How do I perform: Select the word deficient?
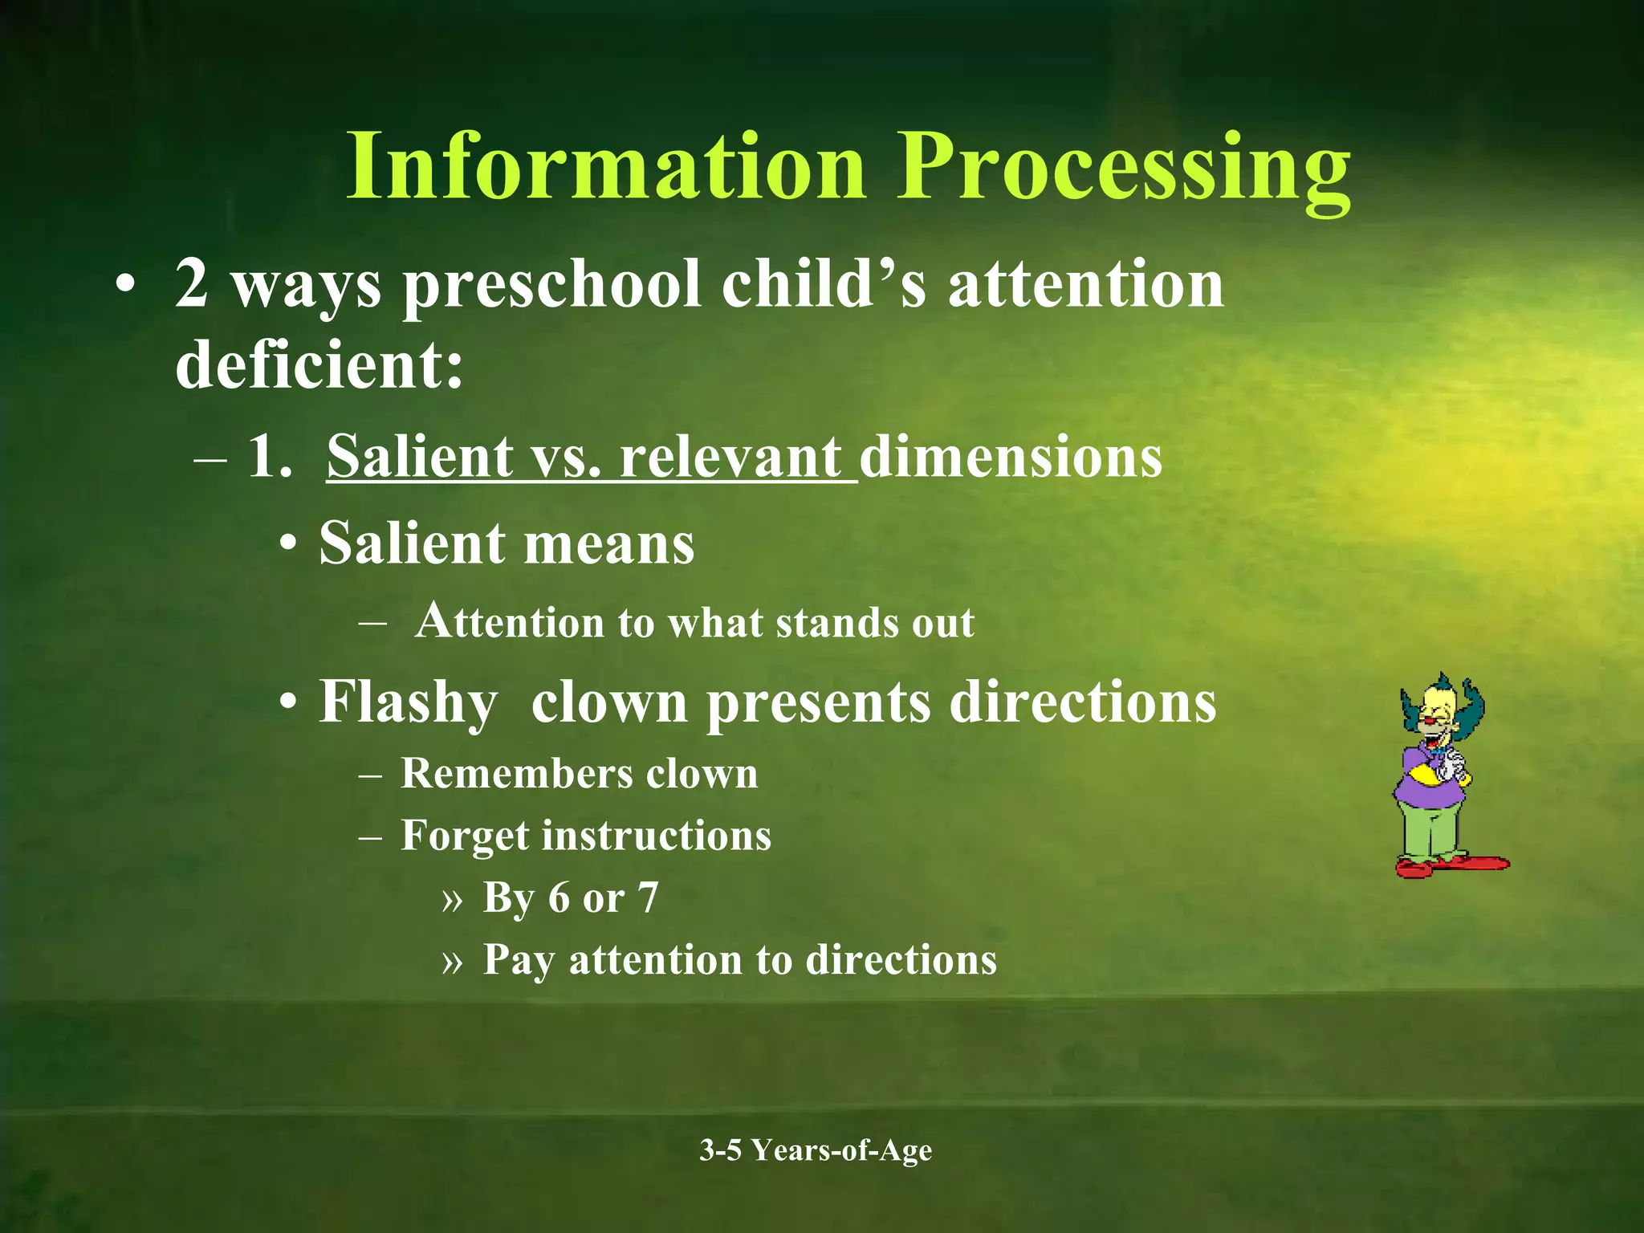[x=319, y=364]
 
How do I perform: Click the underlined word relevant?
[x=730, y=457]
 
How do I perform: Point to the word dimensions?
[x=1010, y=457]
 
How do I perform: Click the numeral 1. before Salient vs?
[x=269, y=457]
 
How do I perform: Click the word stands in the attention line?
[x=836, y=623]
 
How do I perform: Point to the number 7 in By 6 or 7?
[x=648, y=897]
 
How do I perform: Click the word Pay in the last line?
[x=518, y=961]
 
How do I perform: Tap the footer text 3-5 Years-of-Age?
[x=816, y=1150]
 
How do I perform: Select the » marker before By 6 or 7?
[x=452, y=899]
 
